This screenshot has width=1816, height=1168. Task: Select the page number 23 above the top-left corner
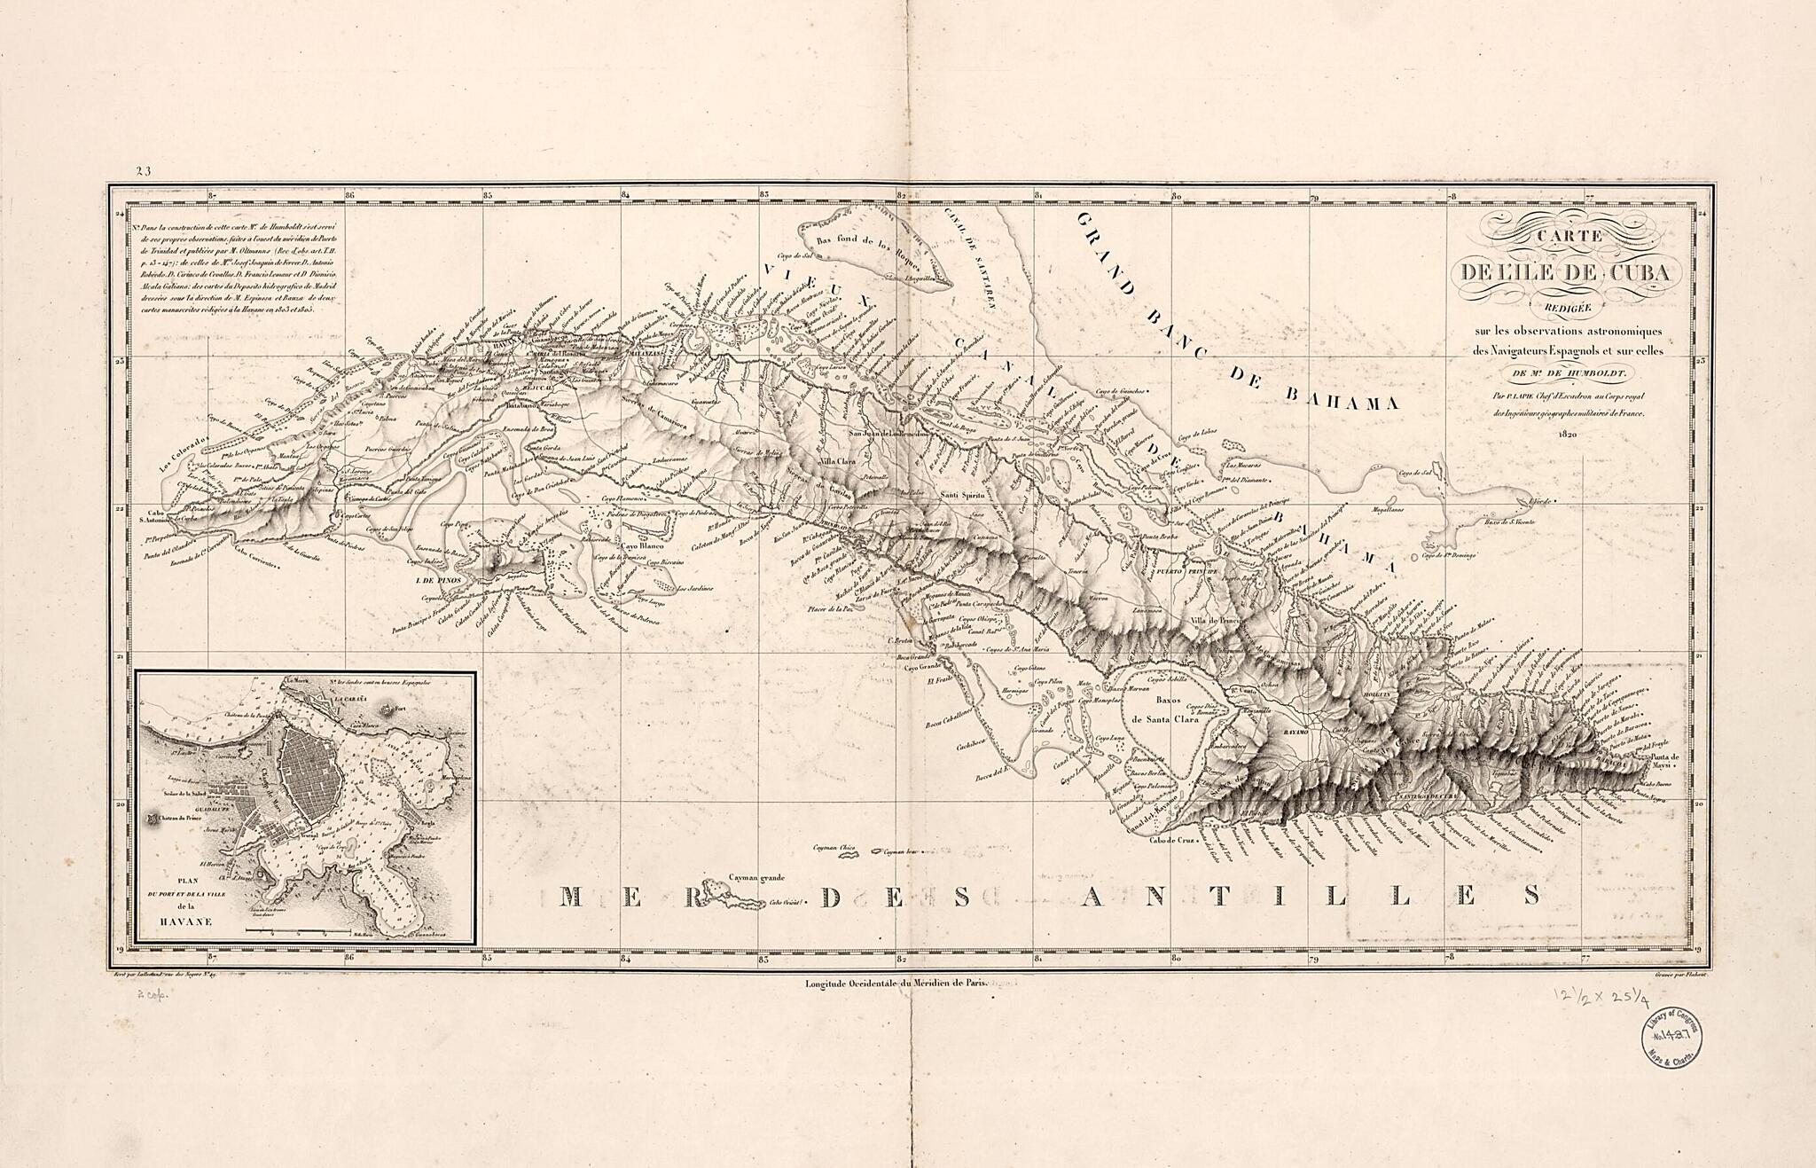[x=145, y=172]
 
